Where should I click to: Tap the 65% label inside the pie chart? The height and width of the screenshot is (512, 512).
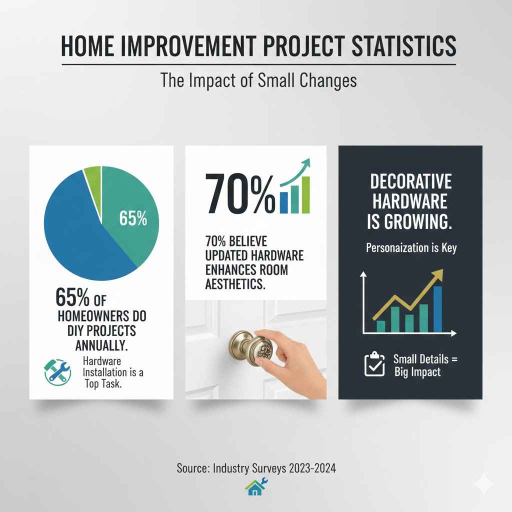(x=133, y=219)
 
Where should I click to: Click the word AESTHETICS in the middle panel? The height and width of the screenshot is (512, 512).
(x=235, y=283)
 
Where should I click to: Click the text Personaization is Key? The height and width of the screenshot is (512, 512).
(x=410, y=248)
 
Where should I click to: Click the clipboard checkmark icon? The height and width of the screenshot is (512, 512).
(x=374, y=365)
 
